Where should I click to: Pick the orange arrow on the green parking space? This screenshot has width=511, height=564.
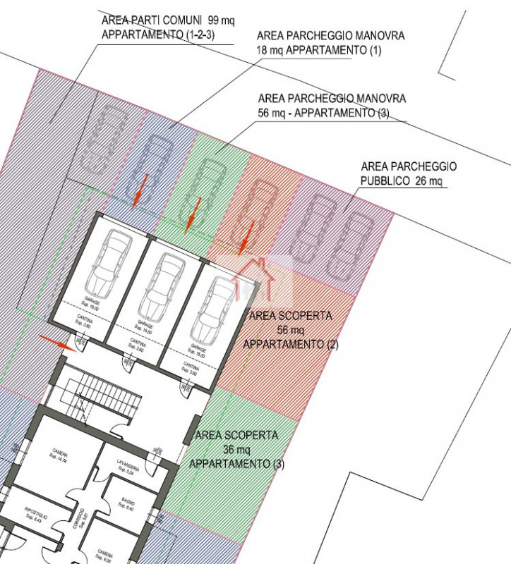click(193, 215)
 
